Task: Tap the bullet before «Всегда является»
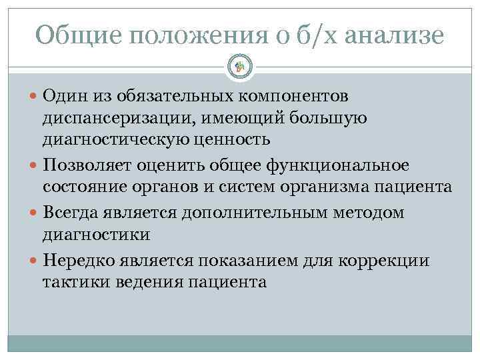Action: [34, 212]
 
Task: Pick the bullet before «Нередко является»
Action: [34, 259]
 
